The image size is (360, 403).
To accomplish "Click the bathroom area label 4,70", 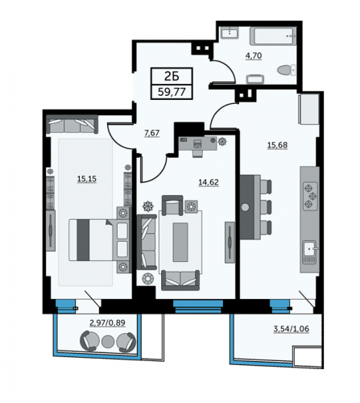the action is [x=254, y=56].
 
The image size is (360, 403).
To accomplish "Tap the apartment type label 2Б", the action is [x=172, y=77].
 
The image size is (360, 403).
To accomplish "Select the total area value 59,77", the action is [x=172, y=92].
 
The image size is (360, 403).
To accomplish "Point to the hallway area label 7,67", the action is [x=152, y=133].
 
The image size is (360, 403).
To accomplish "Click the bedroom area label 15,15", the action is [x=87, y=179].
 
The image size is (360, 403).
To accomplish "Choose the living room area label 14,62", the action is [x=209, y=182].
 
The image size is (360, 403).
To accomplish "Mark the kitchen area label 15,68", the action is [x=277, y=145].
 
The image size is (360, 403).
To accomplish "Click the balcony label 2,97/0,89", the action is [x=107, y=322].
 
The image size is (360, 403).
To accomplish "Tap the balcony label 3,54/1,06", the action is [x=292, y=329].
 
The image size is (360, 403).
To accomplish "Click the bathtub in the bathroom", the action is [x=273, y=35].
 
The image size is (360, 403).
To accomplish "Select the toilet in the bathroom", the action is [x=287, y=71].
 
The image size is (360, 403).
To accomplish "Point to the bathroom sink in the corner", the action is [x=230, y=33].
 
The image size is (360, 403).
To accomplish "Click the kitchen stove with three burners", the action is [x=310, y=196].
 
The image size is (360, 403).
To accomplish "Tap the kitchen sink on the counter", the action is [x=310, y=252].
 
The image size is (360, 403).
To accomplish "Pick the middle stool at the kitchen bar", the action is [x=266, y=207].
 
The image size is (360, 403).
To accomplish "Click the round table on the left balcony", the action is [x=108, y=341].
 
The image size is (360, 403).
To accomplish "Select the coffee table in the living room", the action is [x=180, y=242].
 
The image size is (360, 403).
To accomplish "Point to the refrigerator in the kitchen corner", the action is [x=308, y=109].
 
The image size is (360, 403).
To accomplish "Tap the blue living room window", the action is [x=198, y=306].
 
